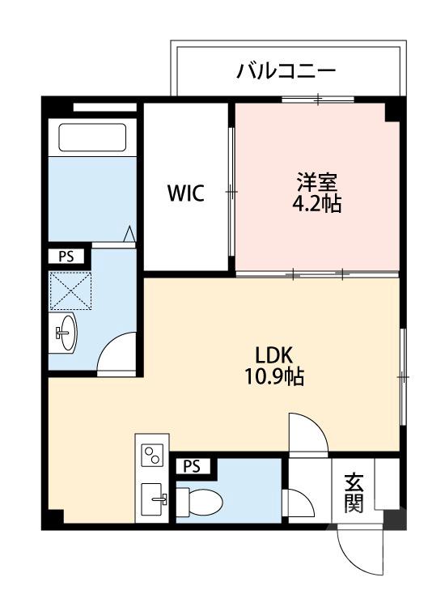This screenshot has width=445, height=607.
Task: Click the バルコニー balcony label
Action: (286, 72)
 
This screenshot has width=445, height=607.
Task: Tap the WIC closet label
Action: (185, 193)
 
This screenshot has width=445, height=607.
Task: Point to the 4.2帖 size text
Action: (316, 204)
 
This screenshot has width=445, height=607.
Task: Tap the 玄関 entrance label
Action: (354, 492)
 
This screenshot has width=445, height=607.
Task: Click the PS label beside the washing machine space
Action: (66, 257)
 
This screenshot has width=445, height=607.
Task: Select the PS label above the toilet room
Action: (192, 466)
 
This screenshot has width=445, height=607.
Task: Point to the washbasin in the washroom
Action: (66, 331)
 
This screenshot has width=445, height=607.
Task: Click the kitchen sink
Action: (152, 498)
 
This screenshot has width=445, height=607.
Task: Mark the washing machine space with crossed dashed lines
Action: (70, 289)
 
